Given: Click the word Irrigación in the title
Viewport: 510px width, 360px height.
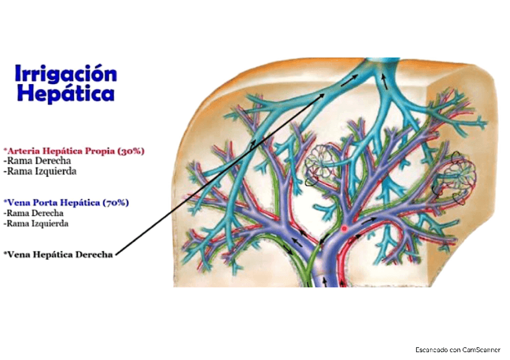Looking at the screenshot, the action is [66, 75].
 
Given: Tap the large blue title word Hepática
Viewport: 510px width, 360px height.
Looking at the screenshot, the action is [66, 94].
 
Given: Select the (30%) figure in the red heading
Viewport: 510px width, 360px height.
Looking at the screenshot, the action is [131, 151].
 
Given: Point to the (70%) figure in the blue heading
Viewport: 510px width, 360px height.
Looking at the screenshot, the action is [115, 203].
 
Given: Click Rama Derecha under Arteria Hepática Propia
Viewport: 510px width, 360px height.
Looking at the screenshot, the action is [37, 161].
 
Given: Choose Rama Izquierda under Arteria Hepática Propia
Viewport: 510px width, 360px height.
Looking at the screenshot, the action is [40, 171].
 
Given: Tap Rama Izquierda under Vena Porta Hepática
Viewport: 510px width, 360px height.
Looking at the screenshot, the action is [36, 223].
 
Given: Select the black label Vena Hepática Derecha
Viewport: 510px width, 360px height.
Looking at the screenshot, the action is [58, 254].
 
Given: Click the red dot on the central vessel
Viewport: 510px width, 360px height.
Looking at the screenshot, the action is [345, 229].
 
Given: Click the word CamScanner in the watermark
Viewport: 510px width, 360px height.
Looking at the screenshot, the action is [482, 349].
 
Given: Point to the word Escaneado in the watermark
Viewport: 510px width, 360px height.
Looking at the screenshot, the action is [431, 349].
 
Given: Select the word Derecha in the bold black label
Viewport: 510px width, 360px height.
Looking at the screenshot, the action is [94, 254].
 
